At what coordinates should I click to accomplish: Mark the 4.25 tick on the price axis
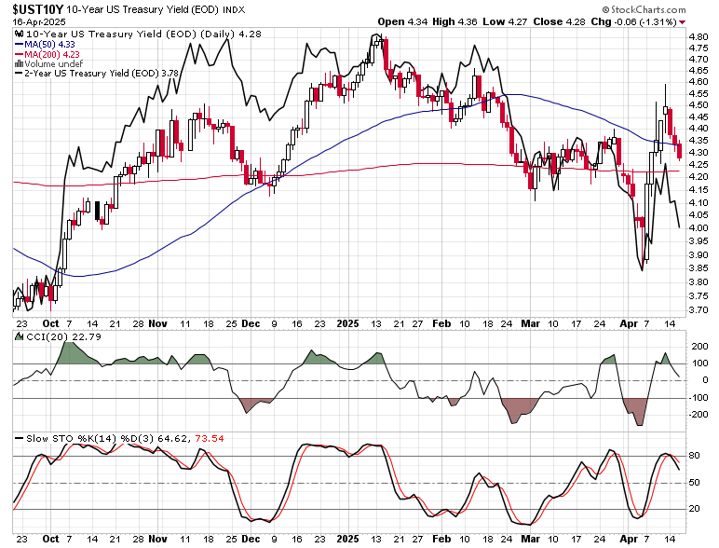[x=698, y=177]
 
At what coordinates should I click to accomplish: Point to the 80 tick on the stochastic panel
[x=694, y=457]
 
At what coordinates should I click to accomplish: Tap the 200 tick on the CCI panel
[x=698, y=347]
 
